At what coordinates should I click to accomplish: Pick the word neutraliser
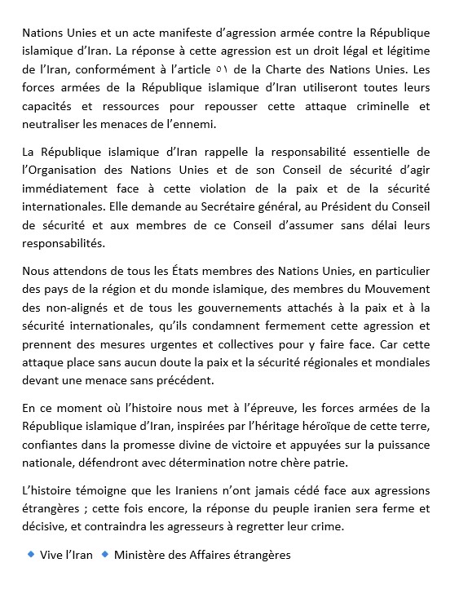(x=52, y=125)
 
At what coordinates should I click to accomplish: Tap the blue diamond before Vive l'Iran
(x=32, y=556)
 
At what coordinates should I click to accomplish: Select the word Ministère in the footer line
(x=140, y=556)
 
